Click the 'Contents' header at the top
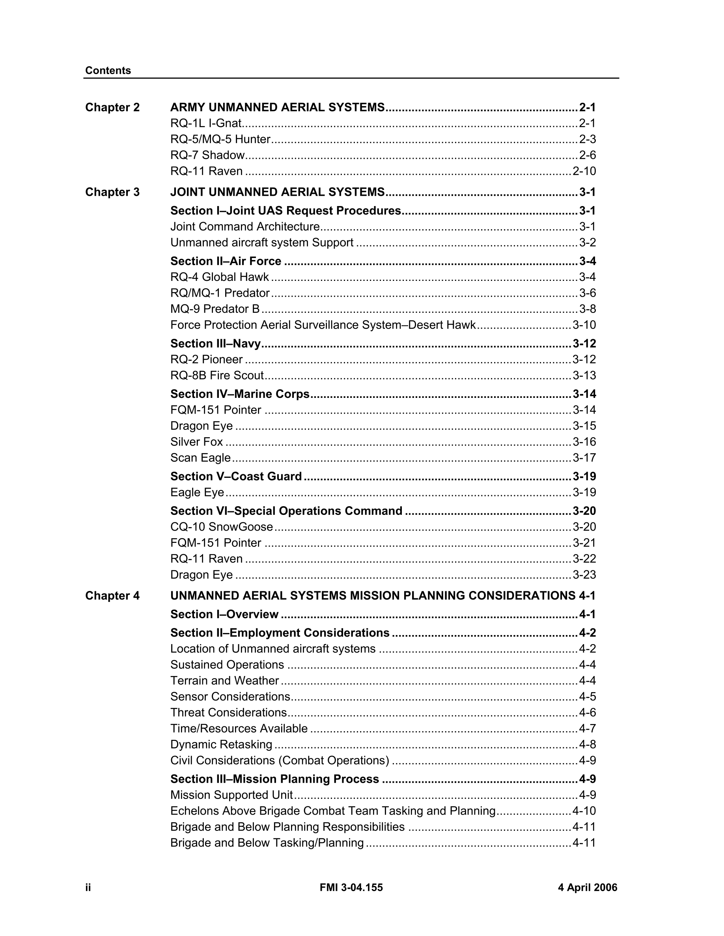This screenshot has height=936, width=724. point(108,70)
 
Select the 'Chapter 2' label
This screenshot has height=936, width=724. point(112,107)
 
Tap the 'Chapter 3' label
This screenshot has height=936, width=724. point(112,192)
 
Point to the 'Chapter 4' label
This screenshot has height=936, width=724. point(112,596)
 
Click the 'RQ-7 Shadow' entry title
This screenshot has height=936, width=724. point(207,155)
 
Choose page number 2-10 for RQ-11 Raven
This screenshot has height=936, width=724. point(584,171)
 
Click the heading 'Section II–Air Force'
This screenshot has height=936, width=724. point(226,261)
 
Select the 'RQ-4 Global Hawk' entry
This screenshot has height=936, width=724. point(219,277)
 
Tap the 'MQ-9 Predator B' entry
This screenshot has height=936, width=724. point(215,309)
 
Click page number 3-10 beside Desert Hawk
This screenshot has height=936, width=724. point(584,325)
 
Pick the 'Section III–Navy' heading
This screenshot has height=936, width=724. point(215,344)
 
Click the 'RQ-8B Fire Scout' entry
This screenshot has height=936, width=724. point(216,375)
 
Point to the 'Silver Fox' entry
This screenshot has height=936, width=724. point(196,442)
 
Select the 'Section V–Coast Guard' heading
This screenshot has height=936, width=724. point(236,477)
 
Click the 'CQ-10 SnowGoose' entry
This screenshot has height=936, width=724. point(221,527)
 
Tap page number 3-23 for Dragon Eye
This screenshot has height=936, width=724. point(584,575)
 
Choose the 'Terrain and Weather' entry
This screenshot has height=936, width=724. point(224,681)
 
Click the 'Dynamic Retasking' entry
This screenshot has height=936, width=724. point(221,745)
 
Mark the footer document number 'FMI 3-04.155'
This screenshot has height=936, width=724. point(351,888)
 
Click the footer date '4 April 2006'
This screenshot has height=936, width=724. point(587,888)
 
